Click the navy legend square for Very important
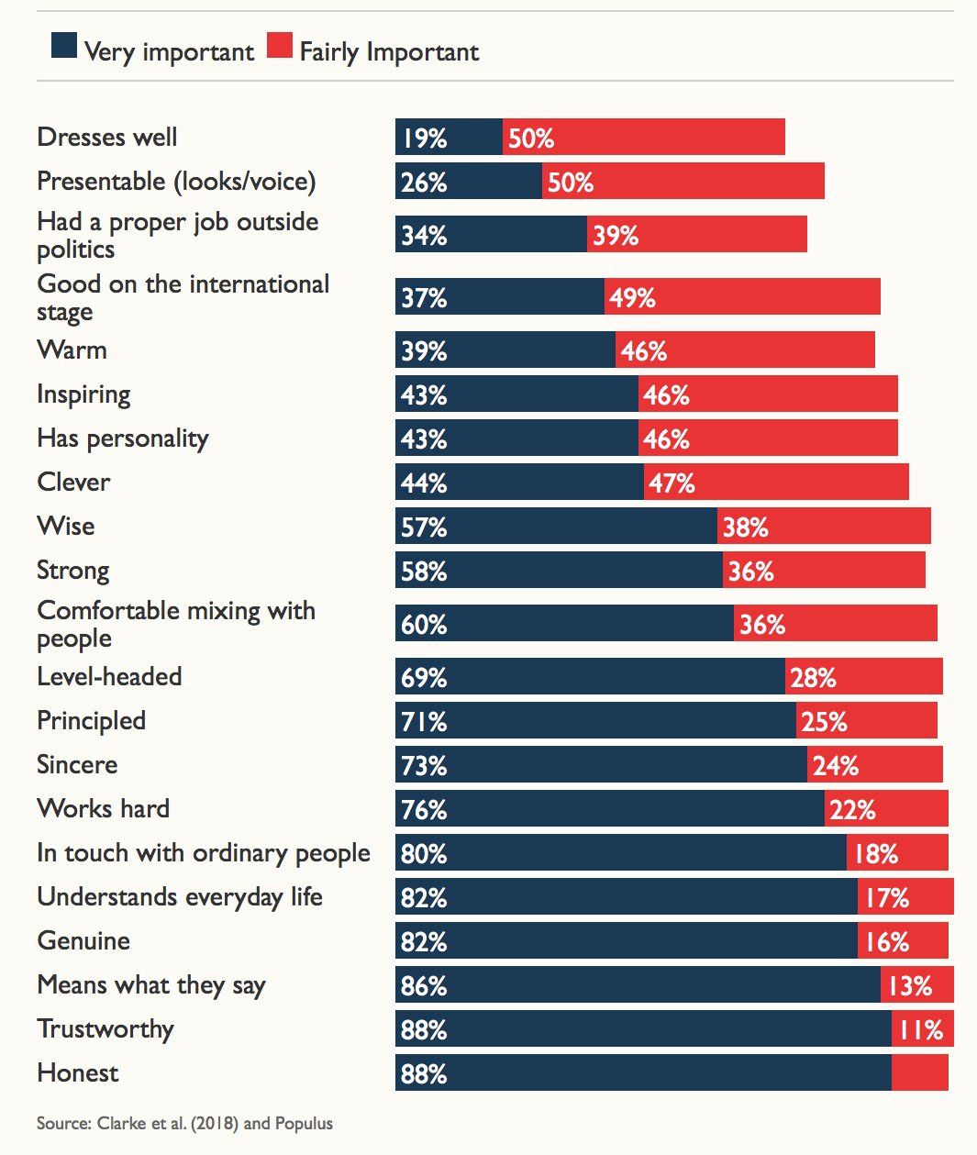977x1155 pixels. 64,46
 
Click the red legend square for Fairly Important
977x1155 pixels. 280,46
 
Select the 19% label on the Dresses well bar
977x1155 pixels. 424,139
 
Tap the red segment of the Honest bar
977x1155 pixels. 919,1072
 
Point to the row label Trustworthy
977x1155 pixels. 105,1029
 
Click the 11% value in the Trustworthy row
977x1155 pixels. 921,1030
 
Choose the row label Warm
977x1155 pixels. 72,350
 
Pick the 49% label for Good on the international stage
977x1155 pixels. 632,298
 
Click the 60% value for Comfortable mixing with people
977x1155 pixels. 424,625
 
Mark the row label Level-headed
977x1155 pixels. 109,677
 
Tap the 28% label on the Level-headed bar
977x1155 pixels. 813,678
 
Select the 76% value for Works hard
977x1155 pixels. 424,810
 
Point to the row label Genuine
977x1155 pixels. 83,941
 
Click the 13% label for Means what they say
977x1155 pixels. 910,986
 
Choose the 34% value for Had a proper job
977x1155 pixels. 424,236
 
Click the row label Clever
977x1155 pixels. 73,483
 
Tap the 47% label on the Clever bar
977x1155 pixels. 672,483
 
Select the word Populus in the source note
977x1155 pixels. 304,1124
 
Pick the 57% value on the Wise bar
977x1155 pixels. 424,528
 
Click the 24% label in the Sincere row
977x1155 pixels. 835,766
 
